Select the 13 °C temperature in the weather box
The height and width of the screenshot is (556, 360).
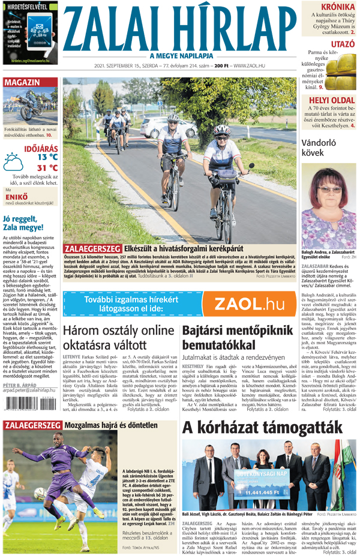47,157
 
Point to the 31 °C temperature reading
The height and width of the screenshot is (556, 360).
47,168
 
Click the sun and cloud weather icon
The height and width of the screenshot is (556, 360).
14,162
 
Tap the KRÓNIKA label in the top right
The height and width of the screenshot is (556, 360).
332,7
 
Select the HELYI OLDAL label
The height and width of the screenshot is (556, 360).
331,100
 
